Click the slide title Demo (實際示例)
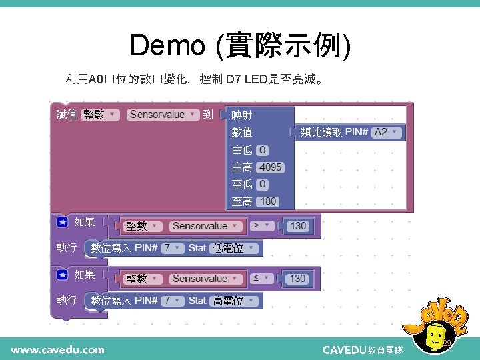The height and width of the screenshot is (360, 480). pyautogui.click(x=240, y=45)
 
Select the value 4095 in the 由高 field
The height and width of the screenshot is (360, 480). pyautogui.click(x=270, y=167)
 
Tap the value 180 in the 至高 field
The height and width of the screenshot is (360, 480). pyautogui.click(x=268, y=201)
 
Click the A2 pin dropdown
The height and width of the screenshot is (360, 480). pyautogui.click(x=387, y=132)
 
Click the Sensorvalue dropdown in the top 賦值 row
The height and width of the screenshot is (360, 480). pyautogui.click(x=163, y=115)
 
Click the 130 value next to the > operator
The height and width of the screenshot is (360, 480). pyautogui.click(x=297, y=226)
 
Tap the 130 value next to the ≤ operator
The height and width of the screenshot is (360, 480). pyautogui.click(x=297, y=279)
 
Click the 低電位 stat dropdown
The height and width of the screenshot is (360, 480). pyautogui.click(x=233, y=249)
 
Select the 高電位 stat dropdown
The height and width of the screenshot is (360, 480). pyautogui.click(x=233, y=301)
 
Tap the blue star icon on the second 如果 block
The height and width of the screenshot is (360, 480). pyautogui.click(x=63, y=275)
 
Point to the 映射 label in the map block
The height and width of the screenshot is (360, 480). pyautogui.click(x=242, y=115)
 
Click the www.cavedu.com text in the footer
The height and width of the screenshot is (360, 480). pyautogui.click(x=57, y=349)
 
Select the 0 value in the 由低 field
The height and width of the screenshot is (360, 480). pyautogui.click(x=263, y=150)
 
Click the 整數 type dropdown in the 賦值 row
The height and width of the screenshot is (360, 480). pyautogui.click(x=101, y=115)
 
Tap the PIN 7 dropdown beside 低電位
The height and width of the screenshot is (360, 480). pyautogui.click(x=173, y=249)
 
